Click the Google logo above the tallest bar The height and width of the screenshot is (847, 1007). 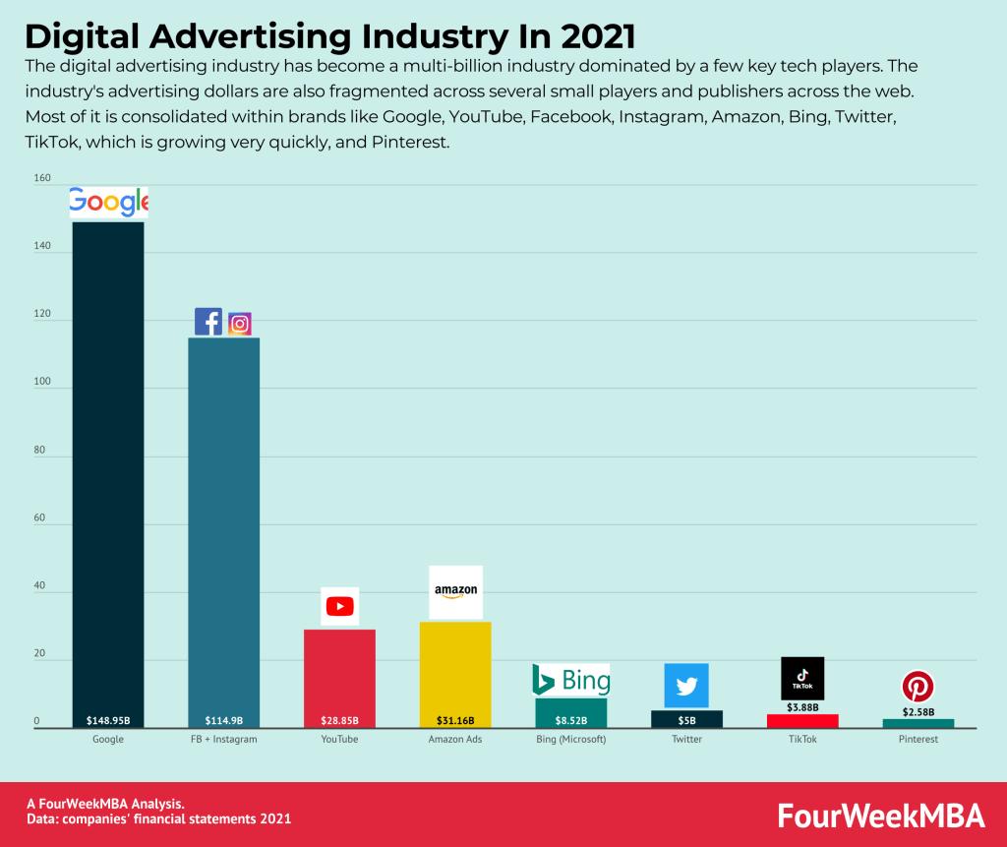tap(108, 202)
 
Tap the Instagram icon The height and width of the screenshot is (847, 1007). tap(240, 323)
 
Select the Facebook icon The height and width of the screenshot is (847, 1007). tap(207, 322)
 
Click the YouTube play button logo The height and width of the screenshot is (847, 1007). tap(339, 606)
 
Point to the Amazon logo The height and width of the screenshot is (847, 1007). tap(455, 591)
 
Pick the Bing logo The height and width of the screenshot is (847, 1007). tap(570, 679)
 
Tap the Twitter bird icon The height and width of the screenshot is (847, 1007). tap(686, 686)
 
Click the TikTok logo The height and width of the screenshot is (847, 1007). tap(801, 678)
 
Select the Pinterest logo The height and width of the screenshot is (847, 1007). tap(918, 687)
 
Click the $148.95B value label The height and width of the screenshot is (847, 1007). tap(108, 720)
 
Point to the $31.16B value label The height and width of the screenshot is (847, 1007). tap(455, 720)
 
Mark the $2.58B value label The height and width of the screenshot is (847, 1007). tap(918, 711)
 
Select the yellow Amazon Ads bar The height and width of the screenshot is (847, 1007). tap(455, 669)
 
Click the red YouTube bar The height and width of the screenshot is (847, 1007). tap(339, 674)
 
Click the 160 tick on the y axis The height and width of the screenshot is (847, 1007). tap(41, 178)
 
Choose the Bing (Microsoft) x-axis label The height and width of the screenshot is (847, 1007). tap(570, 740)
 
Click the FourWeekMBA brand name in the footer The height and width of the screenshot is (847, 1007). tap(879, 816)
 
